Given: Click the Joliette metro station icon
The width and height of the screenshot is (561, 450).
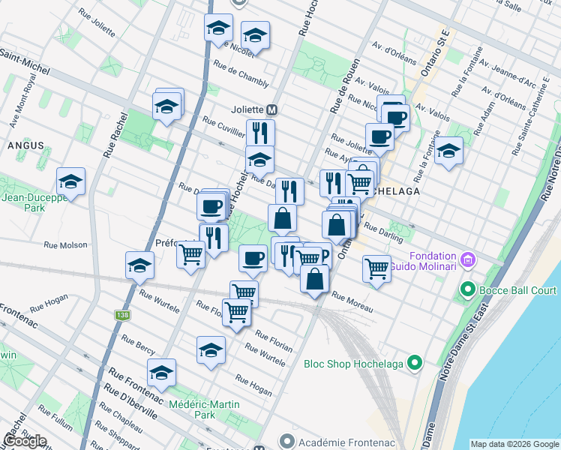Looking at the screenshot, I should [272, 109].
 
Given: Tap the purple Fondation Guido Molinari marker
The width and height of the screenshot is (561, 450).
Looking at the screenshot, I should [470, 260].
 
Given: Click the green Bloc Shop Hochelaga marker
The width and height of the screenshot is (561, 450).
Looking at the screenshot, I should [415, 364].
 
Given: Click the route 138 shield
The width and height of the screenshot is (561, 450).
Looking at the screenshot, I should [121, 316].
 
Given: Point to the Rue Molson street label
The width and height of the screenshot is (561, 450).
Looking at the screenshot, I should [66, 244].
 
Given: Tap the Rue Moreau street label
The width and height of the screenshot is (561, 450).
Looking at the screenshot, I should [351, 299].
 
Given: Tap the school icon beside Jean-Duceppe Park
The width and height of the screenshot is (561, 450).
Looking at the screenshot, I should [70, 181].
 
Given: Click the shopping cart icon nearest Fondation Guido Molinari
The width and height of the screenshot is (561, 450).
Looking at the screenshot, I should [376, 268].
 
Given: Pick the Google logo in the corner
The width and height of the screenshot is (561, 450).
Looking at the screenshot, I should [25, 441].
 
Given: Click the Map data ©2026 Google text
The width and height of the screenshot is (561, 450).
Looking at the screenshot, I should [514, 444].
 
